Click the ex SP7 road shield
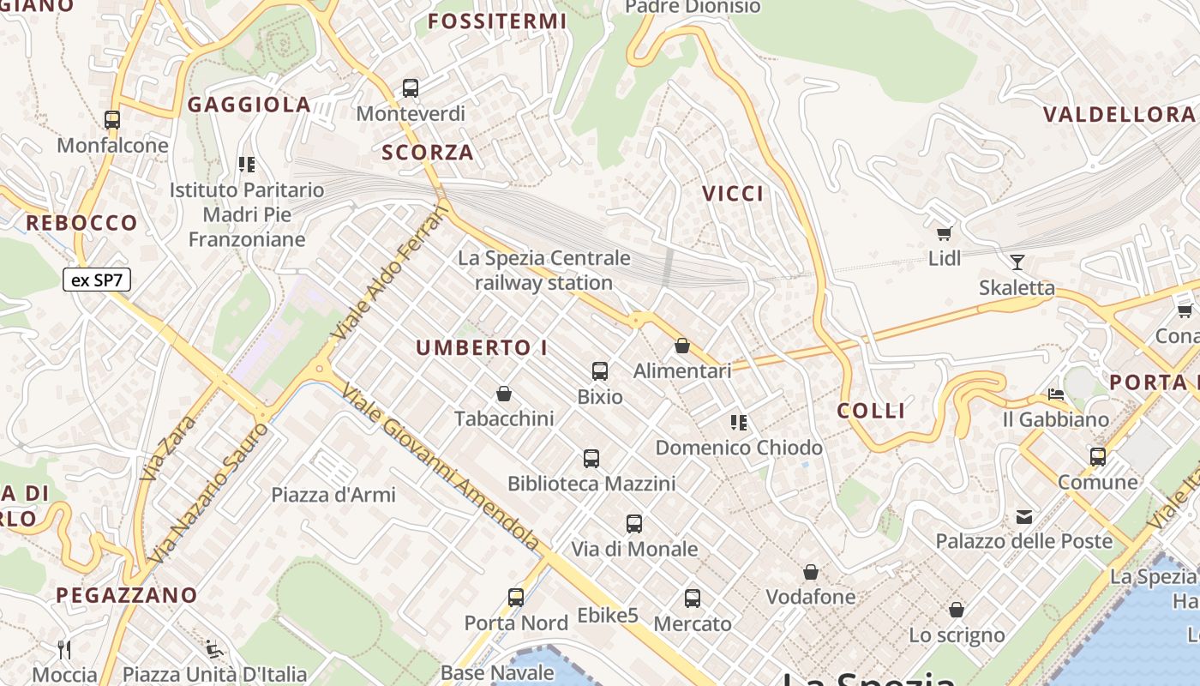click(97, 280)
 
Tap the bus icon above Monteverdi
click(411, 87)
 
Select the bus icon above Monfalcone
click(112, 120)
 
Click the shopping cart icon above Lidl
click(945, 232)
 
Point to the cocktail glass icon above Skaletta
click(1017, 262)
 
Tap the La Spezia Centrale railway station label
click(544, 270)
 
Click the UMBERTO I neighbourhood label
click(482, 348)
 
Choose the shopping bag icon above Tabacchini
click(504, 394)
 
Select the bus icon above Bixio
click(600, 371)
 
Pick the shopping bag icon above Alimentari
click(682, 346)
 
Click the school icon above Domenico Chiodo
click(739, 422)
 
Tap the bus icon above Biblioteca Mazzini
click(591, 459)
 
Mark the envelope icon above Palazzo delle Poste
click(1024, 516)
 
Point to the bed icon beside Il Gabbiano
click(1056, 394)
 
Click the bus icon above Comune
click(1098, 457)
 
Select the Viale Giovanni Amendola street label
click(441, 467)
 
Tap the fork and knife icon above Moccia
click(64, 649)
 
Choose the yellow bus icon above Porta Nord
click(516, 598)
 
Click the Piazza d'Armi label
click(333, 495)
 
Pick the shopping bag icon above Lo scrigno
click(957, 610)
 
